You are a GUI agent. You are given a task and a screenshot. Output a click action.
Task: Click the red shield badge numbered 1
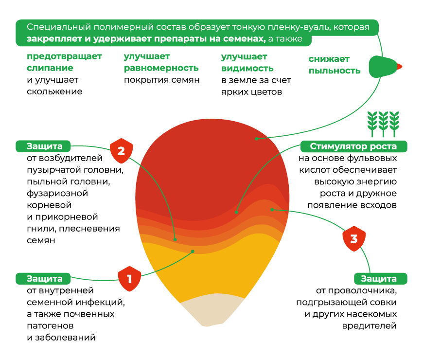tap(129, 279)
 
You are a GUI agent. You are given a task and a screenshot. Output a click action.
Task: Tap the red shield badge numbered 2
tap(121, 151)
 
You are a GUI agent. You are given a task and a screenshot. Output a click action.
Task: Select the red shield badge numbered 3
tap(353, 239)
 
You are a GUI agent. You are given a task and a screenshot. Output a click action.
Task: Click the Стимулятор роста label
tap(353, 146)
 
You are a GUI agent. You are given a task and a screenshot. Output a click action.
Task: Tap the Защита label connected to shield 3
tap(379, 279)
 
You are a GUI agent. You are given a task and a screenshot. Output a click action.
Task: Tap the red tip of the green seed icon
tap(400, 67)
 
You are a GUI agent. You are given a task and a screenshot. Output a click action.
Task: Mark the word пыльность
tap(335, 71)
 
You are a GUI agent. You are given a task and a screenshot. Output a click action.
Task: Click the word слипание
tap(50, 68)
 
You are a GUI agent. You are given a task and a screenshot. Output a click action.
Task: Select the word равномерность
tap(161, 68)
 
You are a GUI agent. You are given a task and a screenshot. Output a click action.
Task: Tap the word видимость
tap(247, 69)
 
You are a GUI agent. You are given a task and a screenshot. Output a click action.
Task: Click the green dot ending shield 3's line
tap(272, 210)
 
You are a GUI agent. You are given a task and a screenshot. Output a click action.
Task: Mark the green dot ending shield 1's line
tap(193, 252)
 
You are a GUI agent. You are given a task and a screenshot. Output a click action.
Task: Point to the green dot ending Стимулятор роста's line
tap(236, 212)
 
